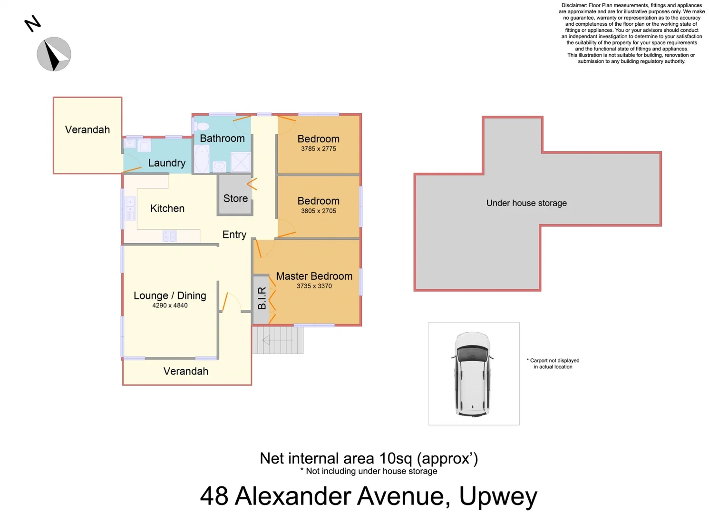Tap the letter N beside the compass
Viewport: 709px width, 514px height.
tap(32, 23)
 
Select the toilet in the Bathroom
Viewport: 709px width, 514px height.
tap(202, 126)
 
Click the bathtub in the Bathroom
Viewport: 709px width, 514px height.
tap(202, 158)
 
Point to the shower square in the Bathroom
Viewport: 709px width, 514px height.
tap(241, 162)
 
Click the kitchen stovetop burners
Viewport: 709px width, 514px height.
tap(169, 236)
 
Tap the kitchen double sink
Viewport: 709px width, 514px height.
tap(130, 208)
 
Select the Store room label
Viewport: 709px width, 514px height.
tap(235, 198)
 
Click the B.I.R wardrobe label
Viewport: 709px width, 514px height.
tap(262, 298)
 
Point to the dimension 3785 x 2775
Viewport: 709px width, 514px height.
tap(318, 149)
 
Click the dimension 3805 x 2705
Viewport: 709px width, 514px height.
tap(318, 211)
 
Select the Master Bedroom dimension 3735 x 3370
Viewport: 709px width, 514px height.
tap(314, 286)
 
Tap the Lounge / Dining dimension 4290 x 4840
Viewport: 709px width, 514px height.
tap(170, 306)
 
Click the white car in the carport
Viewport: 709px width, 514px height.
tap(473, 374)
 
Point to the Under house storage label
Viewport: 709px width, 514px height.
tap(526, 203)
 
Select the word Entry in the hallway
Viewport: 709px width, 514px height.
tap(234, 235)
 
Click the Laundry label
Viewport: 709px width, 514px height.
tap(166, 163)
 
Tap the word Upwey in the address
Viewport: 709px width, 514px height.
tap(498, 496)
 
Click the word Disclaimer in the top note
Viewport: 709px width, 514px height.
tap(574, 6)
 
